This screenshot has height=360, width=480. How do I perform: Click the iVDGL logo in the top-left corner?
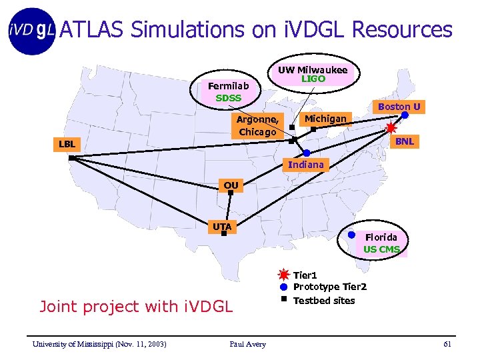click(x=31, y=30)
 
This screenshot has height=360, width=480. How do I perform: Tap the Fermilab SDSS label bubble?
click(x=229, y=92)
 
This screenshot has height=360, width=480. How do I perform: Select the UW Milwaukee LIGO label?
click(x=313, y=74)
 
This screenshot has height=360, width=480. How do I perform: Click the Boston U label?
click(x=399, y=106)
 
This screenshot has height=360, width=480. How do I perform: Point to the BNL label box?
click(x=404, y=141)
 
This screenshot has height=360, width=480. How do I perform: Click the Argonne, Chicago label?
click(x=257, y=125)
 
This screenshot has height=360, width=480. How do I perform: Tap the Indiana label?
click(x=305, y=165)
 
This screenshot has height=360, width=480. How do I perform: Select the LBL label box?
click(x=67, y=144)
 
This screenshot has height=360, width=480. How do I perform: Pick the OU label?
click(x=231, y=186)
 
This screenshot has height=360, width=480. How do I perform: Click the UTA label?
click(x=222, y=227)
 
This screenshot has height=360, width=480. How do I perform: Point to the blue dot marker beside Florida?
click(x=351, y=235)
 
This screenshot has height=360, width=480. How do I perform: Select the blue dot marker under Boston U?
click(x=405, y=115)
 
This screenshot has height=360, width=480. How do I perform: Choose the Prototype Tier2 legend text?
click(x=329, y=287)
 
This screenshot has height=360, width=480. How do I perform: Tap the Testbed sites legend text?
click(x=324, y=300)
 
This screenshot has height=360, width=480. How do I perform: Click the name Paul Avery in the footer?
click(x=247, y=344)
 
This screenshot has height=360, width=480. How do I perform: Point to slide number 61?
click(x=447, y=344)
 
